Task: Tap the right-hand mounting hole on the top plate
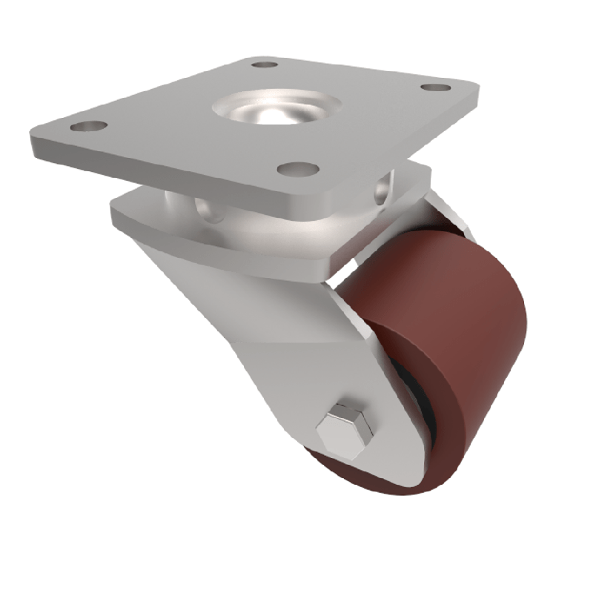coord(435,87)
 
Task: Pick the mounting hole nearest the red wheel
coord(298,169)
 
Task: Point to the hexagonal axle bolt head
coord(342,428)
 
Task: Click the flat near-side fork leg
coord(296,348)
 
